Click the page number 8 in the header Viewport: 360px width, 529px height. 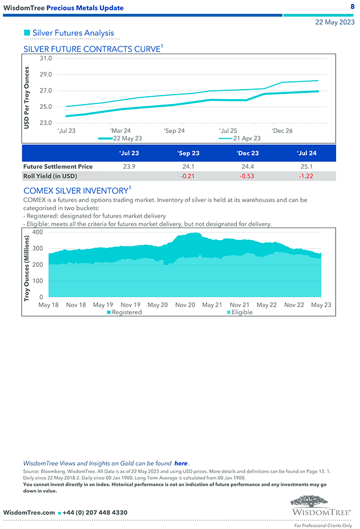352,6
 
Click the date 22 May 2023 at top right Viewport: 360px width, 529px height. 335,23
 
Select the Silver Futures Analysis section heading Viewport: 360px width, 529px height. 73,33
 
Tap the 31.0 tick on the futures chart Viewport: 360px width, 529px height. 46,58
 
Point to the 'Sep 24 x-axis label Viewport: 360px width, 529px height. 174,131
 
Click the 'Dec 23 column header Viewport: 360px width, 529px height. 248,153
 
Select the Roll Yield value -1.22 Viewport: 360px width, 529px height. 306,176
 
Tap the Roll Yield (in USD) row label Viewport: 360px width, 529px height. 50,176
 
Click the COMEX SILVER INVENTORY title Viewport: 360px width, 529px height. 76,191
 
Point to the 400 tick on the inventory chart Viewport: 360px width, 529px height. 38,232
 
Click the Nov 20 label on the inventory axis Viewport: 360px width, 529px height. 185,305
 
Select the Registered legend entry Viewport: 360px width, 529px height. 126,312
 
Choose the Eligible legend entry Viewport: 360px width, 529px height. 241,312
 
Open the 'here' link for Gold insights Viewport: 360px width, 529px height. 181,463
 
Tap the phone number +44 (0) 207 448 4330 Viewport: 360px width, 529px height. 95,512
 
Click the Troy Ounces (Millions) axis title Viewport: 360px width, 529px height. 27,267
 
